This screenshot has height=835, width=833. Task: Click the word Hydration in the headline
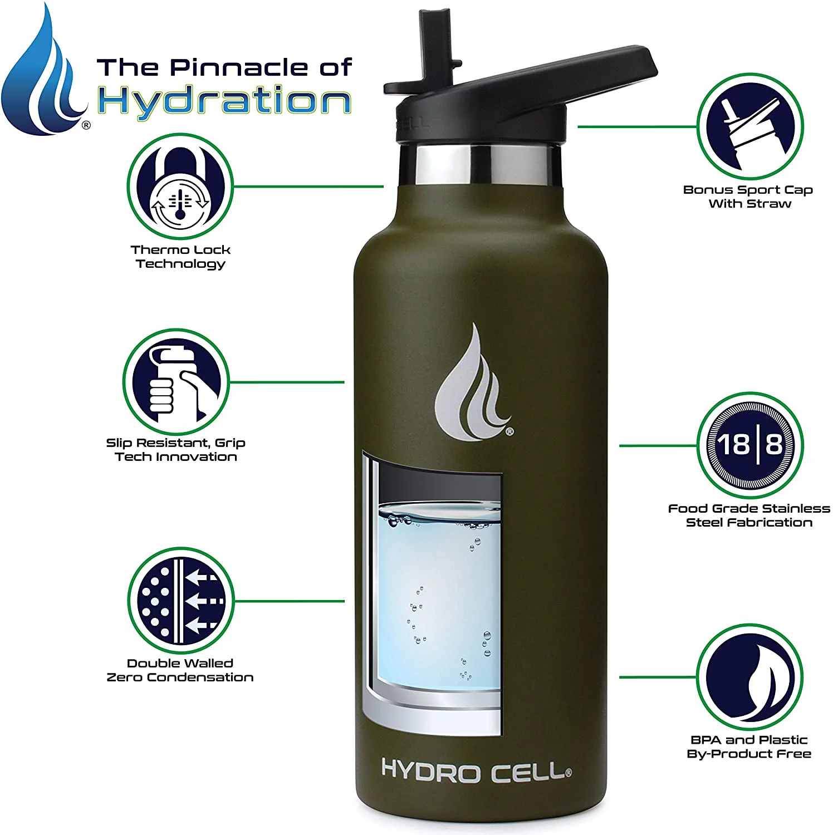pyautogui.click(x=224, y=101)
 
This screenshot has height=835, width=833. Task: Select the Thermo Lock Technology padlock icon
pyautogui.click(x=180, y=186)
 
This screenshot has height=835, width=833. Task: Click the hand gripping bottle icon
pyautogui.click(x=176, y=382)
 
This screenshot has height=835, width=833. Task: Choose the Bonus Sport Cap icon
pyautogui.click(x=750, y=127)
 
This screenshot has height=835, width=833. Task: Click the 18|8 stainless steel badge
pyautogui.click(x=750, y=445)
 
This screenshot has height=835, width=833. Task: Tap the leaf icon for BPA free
pyautogui.click(x=750, y=677)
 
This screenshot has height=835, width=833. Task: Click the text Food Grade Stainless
pyautogui.click(x=749, y=508)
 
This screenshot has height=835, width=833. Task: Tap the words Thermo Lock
pyautogui.click(x=180, y=250)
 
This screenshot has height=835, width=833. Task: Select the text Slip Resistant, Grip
pyautogui.click(x=176, y=443)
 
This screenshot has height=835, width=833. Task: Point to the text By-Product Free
pyautogui.click(x=749, y=754)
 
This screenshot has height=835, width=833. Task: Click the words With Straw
pyautogui.click(x=749, y=204)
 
